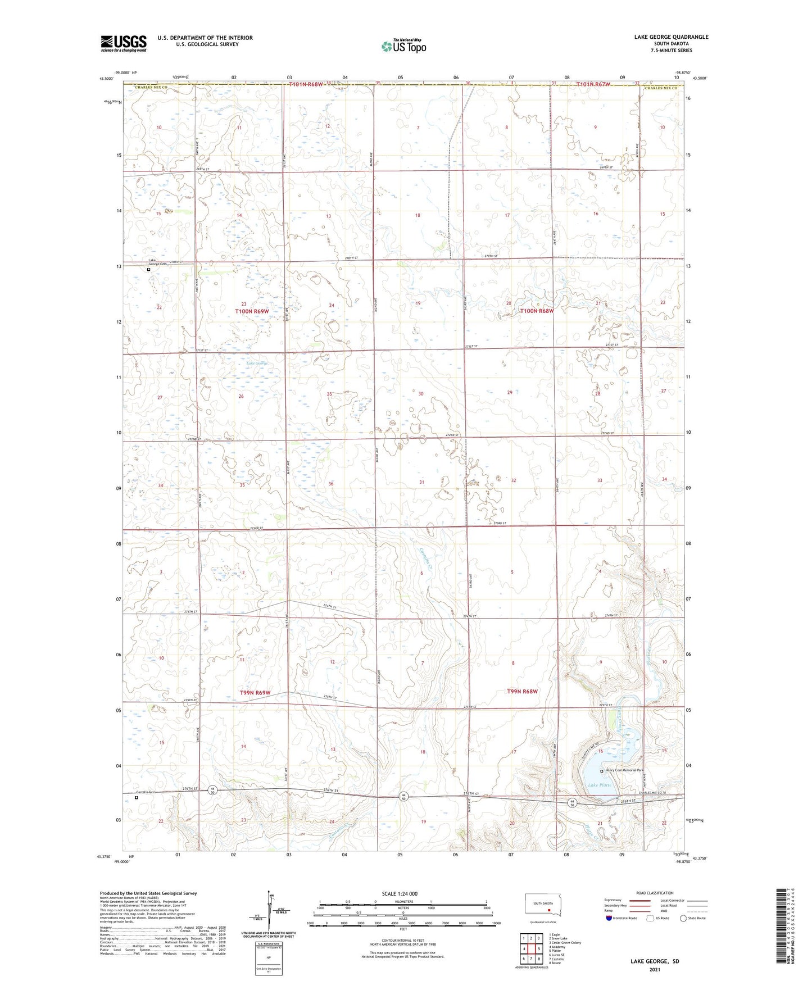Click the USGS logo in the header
124,43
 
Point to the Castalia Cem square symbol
136,797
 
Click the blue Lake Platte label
599,785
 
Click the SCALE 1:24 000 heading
400,894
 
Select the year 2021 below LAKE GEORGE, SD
654,969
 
